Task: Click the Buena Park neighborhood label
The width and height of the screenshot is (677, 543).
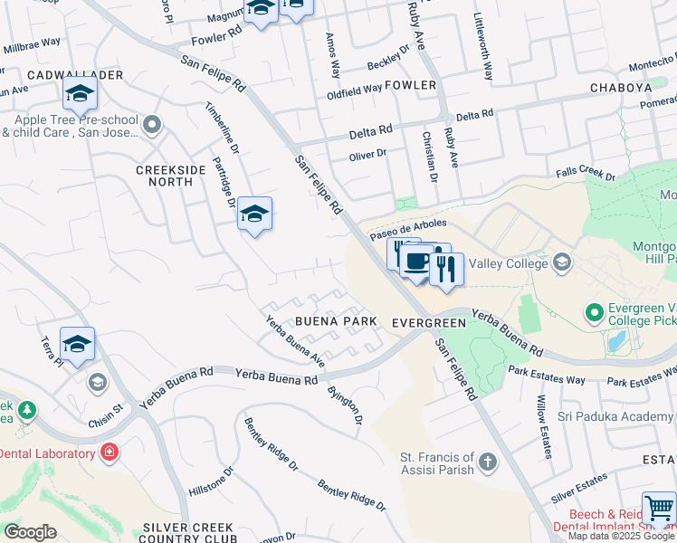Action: (x=333, y=321)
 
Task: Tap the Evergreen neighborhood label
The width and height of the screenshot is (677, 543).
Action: (x=428, y=323)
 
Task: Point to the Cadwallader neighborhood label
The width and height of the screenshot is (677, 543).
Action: (x=62, y=73)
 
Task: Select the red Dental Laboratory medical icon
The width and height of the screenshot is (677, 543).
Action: (x=110, y=451)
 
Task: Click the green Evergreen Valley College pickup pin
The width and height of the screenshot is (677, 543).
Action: (x=595, y=313)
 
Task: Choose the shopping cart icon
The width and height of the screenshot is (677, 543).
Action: (x=658, y=509)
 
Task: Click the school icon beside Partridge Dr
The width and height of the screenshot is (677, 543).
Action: (x=255, y=214)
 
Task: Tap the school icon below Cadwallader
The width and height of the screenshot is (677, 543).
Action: (x=80, y=92)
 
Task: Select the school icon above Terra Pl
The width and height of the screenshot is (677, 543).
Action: (x=78, y=344)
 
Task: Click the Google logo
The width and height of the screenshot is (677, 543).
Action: (x=30, y=532)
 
